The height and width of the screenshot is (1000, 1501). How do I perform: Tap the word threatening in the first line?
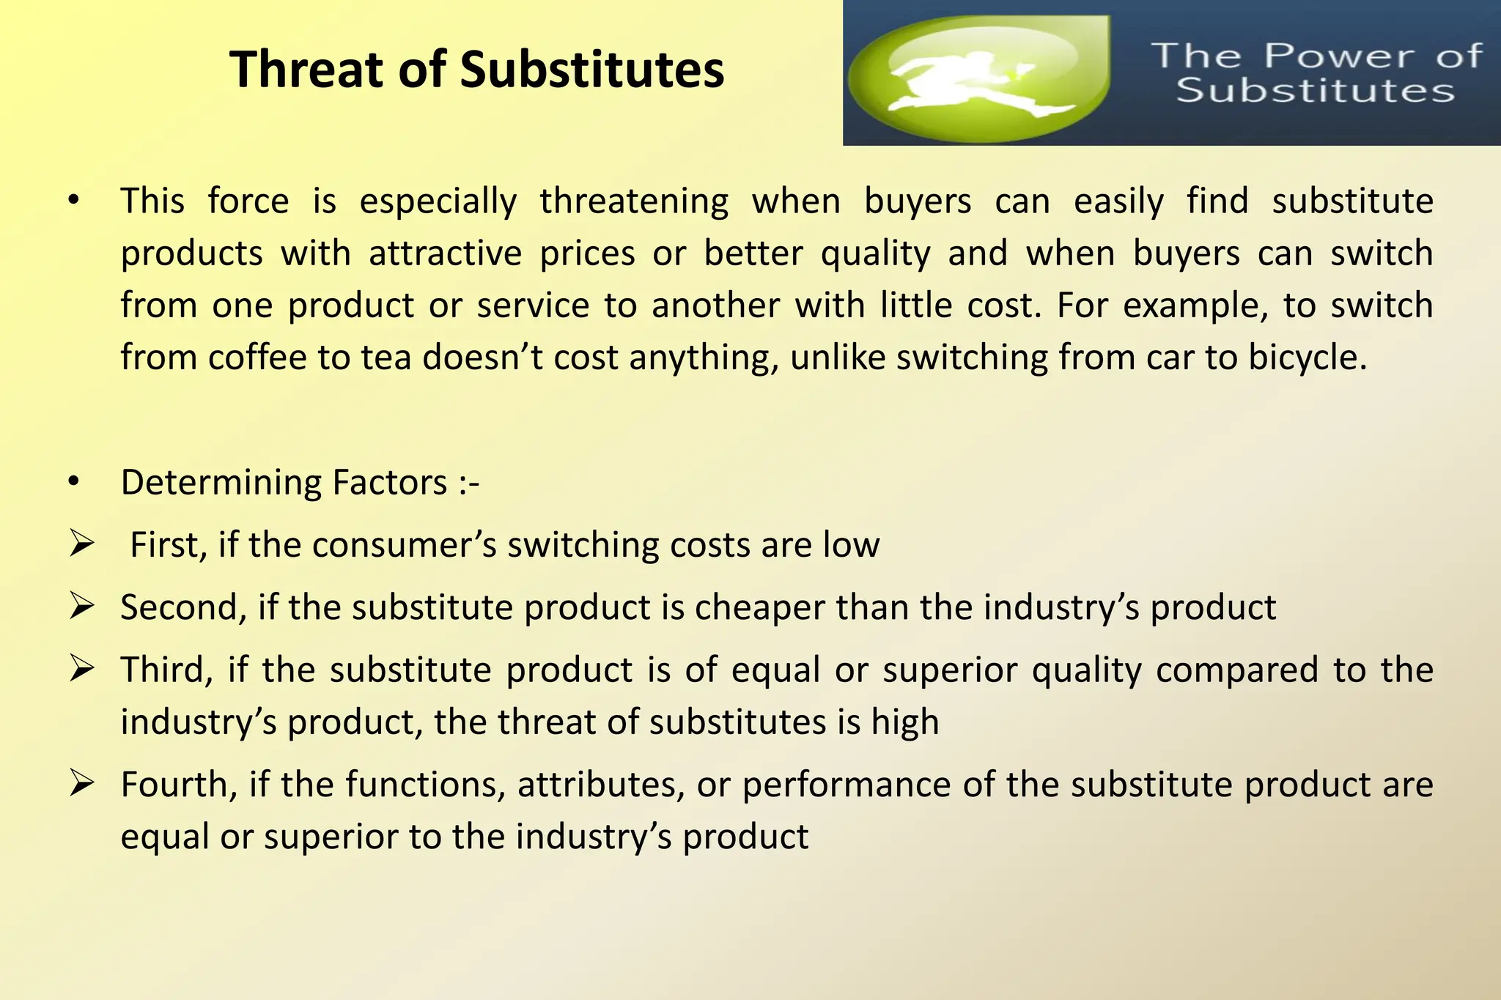634,201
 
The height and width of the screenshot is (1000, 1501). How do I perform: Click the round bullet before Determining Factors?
73,482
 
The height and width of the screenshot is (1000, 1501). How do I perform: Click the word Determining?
221,483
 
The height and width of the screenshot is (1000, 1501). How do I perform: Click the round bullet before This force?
73,201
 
